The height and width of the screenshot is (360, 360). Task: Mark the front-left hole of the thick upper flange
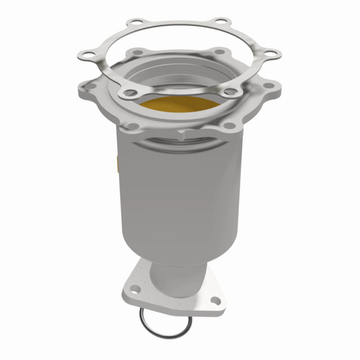coord(132,125)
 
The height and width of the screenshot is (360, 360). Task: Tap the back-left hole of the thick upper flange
coord(136,53)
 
